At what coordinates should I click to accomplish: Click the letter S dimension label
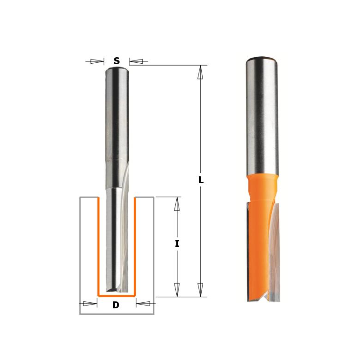pos(117,61)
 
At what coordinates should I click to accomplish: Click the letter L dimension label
pos(201,181)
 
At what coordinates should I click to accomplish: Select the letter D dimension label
pos(116,305)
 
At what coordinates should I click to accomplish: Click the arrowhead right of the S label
pos(136,61)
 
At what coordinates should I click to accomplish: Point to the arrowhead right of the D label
pos(144,304)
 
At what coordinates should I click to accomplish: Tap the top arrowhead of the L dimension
pos(200,72)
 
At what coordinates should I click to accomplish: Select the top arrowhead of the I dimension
pos(177,204)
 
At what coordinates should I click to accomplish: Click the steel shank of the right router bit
pos(262,115)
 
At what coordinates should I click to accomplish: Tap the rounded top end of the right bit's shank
pos(262,60)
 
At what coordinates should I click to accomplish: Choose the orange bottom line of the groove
pos(116,294)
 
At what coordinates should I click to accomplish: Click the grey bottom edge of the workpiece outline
pos(116,314)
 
